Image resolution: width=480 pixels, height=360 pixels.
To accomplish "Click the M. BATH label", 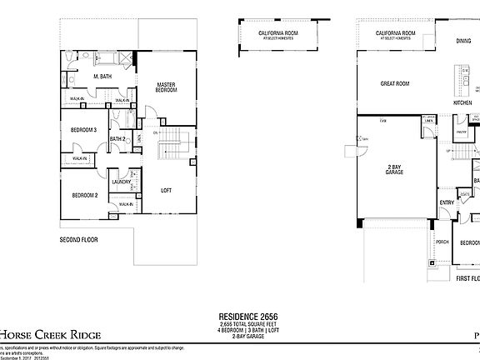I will [102, 77].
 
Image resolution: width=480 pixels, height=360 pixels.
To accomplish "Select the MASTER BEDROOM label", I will [166, 87].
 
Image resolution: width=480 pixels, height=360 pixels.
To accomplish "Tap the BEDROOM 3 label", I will [83, 129].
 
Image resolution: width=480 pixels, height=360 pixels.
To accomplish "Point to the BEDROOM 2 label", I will [84, 195].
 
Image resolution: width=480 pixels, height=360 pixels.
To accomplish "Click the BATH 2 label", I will [117, 138].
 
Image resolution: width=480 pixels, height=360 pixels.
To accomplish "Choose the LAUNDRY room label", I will [121, 182].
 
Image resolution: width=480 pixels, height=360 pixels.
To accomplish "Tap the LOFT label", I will [166, 190].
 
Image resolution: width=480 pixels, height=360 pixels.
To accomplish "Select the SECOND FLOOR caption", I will [79, 239].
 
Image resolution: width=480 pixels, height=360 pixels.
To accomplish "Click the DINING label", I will [462, 40].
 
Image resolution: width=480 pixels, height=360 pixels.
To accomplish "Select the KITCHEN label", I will [462, 103].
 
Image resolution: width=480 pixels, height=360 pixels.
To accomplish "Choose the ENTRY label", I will [447, 202].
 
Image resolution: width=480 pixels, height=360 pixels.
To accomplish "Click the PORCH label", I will [442, 242].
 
